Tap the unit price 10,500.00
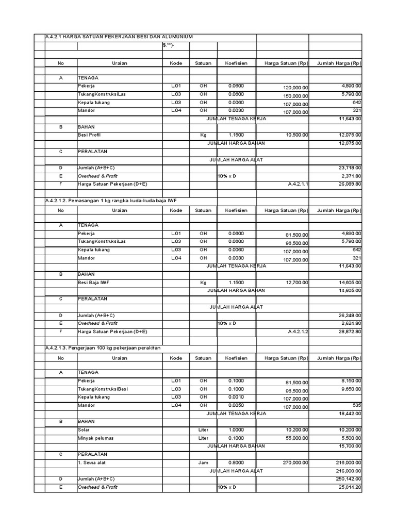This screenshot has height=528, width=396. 297,135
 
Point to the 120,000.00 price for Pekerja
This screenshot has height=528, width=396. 296,87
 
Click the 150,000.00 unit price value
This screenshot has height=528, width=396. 296,95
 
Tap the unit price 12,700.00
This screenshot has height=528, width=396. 297,282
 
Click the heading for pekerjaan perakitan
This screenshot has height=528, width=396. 103,348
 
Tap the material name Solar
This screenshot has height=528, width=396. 84,430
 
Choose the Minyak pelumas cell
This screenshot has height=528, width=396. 95,438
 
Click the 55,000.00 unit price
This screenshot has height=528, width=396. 297,438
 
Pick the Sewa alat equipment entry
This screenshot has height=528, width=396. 93,463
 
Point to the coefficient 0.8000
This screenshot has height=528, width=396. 236,463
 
